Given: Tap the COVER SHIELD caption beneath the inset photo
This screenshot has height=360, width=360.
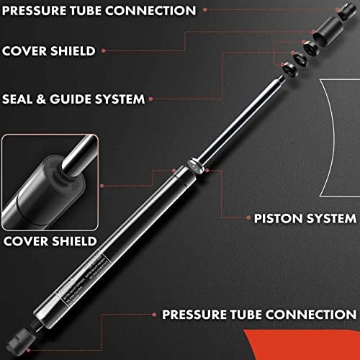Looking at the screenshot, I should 50,240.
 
